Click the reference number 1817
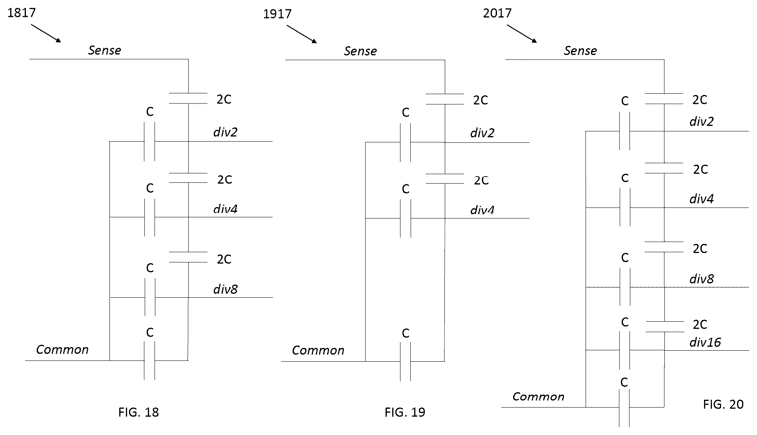pyautogui.click(x=22, y=13)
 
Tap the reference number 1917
pyautogui.click(x=277, y=14)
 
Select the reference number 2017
pyautogui.click(x=497, y=13)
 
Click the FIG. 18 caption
pyautogui.click(x=138, y=412)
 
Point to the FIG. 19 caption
pyautogui.click(x=405, y=412)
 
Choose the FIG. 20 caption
pyautogui.click(x=723, y=404)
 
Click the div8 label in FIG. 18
pyautogui.click(x=226, y=289)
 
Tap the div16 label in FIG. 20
pyautogui.click(x=705, y=342)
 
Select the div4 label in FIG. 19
pyautogui.click(x=482, y=210)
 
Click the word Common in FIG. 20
pyautogui.click(x=539, y=397)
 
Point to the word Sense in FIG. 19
pyautogui.click(x=360, y=51)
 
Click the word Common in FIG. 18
pyautogui.click(x=62, y=349)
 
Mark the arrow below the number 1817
pyautogui.click(x=46, y=33)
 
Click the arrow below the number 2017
pyautogui.click(x=522, y=34)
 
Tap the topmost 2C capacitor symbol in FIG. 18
pyautogui.click(x=188, y=98)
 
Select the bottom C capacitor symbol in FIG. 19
pyautogui.click(x=406, y=361)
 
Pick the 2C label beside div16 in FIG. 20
pyautogui.click(x=700, y=324)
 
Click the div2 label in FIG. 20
pyautogui.click(x=702, y=121)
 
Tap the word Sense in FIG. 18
pyautogui.click(x=105, y=50)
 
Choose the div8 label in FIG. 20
pyautogui.click(x=702, y=279)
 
